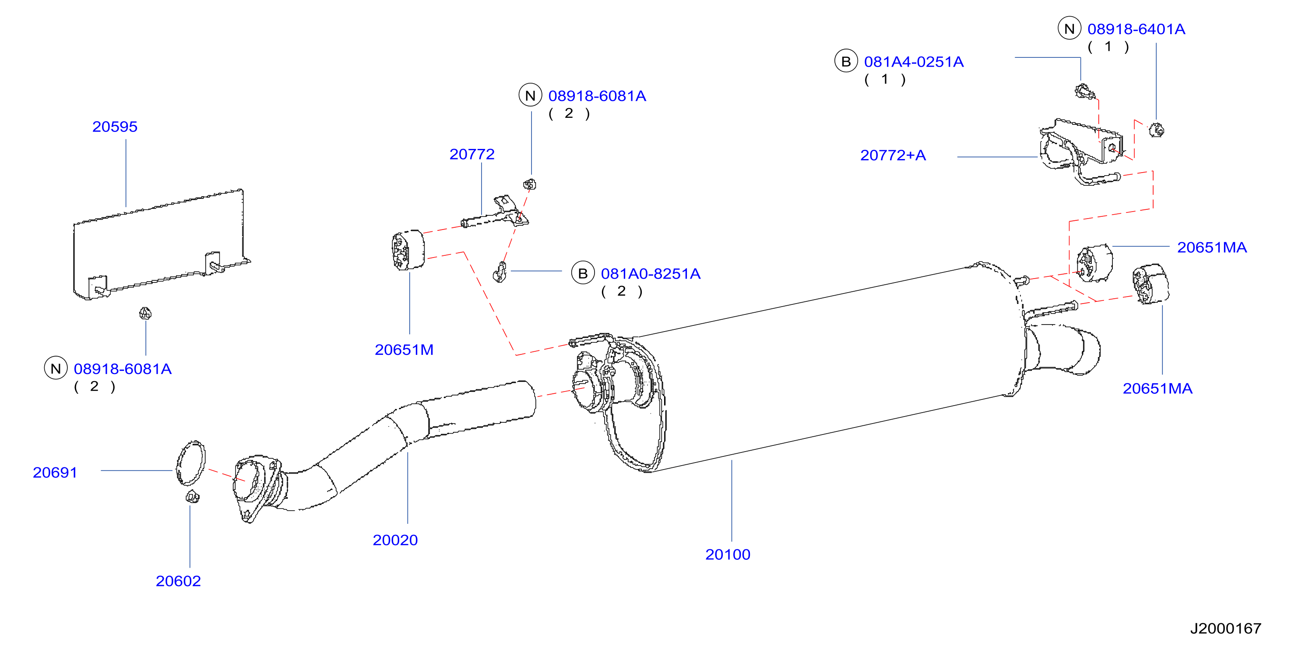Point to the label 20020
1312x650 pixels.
tap(395, 540)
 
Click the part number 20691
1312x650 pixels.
tap(55, 472)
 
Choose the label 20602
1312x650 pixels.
tap(178, 581)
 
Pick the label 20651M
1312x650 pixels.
tap(404, 350)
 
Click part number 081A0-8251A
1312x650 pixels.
tap(651, 274)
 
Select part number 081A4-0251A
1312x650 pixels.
tap(914, 62)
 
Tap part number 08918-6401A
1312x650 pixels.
tap(1136, 29)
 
